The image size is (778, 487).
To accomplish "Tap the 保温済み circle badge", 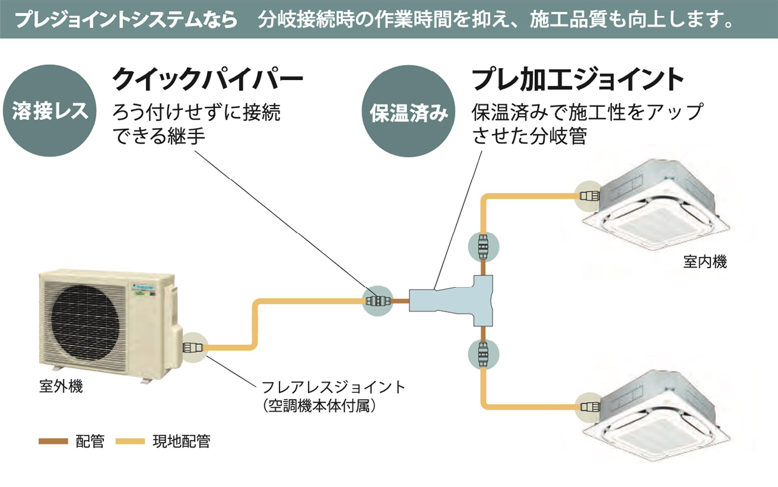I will click(x=408, y=114).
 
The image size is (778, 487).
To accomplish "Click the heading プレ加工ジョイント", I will click(x=578, y=79).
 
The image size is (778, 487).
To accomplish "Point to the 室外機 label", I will click(x=61, y=386).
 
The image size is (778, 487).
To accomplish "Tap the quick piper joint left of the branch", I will click(x=377, y=300).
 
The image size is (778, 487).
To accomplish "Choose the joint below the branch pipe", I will click(x=483, y=353).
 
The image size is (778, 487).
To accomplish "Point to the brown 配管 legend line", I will click(x=53, y=441).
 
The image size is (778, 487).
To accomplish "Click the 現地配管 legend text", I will click(x=181, y=441).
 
